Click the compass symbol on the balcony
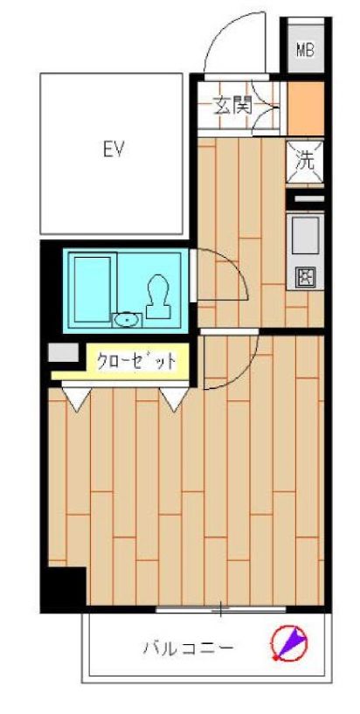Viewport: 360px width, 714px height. pos(289,644)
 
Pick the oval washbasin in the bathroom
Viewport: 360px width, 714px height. pos(128,320)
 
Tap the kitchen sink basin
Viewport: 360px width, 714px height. pos(305,235)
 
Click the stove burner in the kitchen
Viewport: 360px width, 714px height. pos(305,277)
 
